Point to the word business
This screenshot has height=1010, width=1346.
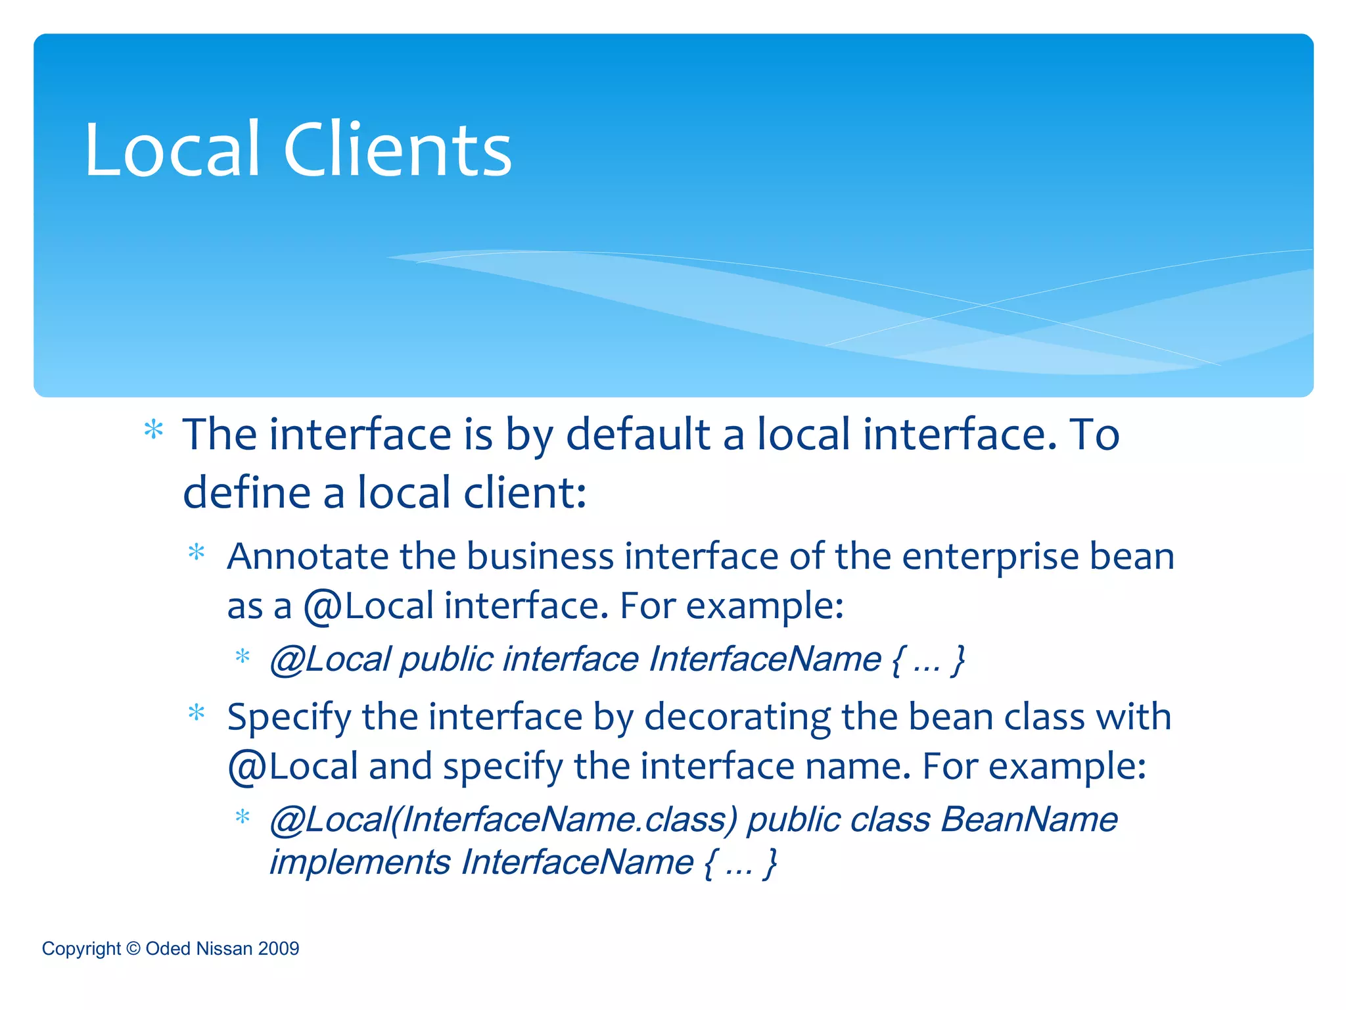(540, 556)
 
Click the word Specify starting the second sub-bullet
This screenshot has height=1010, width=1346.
(289, 718)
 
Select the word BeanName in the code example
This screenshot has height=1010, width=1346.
(1029, 820)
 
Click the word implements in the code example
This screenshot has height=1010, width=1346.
(360, 863)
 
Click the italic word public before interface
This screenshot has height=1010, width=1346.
(446, 660)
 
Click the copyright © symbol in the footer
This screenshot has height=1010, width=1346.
(133, 948)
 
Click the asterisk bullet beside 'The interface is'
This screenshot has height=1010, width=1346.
(154, 431)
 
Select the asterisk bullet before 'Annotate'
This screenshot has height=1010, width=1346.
(197, 553)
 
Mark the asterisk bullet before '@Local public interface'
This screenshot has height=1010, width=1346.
(243, 656)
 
